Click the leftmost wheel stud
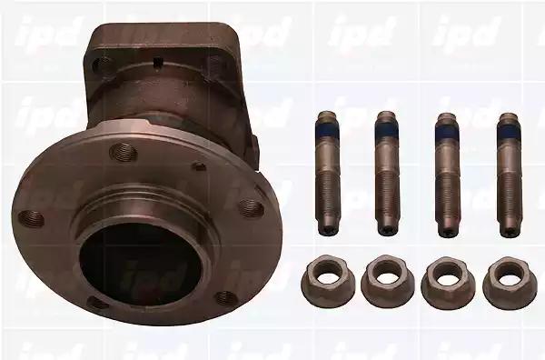click(x=327, y=174)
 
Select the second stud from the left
click(x=387, y=174)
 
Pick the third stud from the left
click(x=447, y=175)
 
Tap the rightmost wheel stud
click(x=508, y=175)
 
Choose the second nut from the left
click(x=387, y=281)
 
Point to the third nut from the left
click(x=447, y=281)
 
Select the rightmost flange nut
click(x=509, y=281)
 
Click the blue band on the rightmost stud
click(x=508, y=132)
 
